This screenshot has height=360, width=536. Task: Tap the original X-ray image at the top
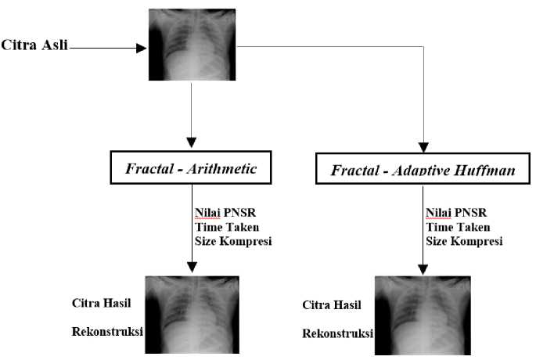[192, 44]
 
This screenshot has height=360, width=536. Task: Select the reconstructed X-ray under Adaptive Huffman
[423, 315]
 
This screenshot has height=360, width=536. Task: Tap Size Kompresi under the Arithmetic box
[232, 240]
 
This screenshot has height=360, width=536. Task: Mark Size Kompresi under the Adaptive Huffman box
[463, 240]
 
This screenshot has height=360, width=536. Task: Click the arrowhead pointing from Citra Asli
[142, 48]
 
